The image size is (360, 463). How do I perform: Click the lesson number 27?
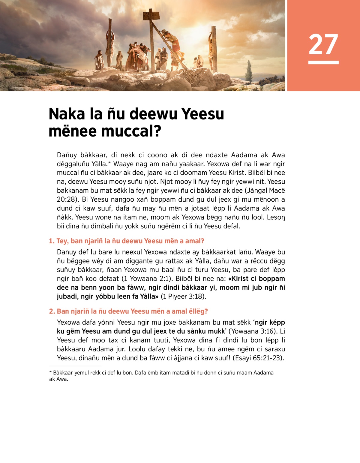pyautogui.click(x=323, y=44)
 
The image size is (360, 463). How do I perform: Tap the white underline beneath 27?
pyautogui.click(x=323, y=62)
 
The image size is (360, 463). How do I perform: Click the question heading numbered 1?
pyautogui.click(x=126, y=241)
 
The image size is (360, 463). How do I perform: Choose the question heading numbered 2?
pyautogui.click(x=128, y=311)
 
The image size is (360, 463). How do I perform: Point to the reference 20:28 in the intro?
pyautogui.click(x=65, y=199)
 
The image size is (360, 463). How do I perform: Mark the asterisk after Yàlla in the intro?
pyautogui.click(x=109, y=163)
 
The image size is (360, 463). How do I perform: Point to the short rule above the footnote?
pyautogui.click(x=75, y=366)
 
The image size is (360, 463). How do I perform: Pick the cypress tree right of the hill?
pyautogui.click(x=249, y=71)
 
